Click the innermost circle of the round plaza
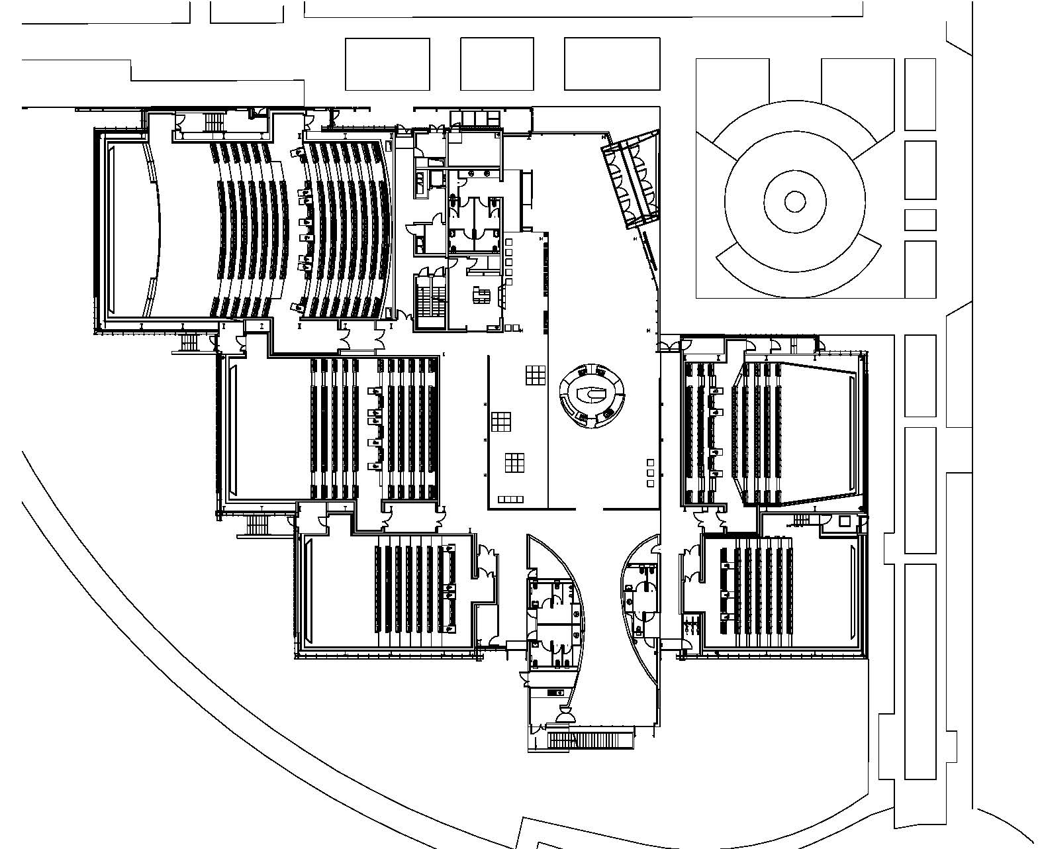(794, 201)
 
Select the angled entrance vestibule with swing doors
(631, 179)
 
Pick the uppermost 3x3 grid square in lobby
(536, 374)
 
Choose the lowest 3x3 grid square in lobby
(514, 462)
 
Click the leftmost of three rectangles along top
(387, 64)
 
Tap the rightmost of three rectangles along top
(612, 64)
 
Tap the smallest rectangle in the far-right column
(920, 219)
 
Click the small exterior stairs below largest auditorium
(190, 342)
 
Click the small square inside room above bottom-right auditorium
(844, 521)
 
